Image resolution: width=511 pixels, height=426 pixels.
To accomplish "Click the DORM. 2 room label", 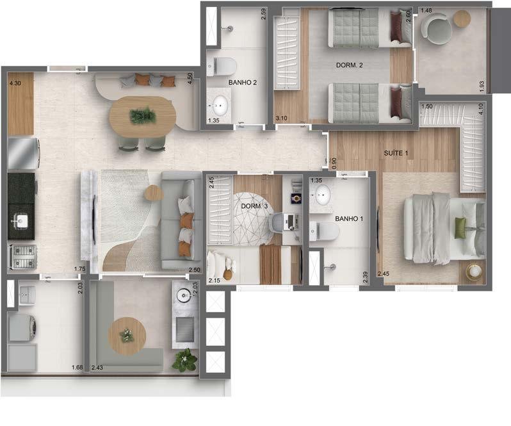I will coord(350,65).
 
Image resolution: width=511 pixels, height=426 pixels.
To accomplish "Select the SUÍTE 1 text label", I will coord(397,154).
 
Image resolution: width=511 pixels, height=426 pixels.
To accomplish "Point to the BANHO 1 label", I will coord(349,218).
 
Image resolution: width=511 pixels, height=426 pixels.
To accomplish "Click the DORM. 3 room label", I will coord(255,206).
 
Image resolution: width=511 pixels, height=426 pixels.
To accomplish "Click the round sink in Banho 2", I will coord(220,103).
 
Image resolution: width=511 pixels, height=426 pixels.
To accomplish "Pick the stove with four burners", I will coord(20,257).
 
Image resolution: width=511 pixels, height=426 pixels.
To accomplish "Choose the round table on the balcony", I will coord(126,335).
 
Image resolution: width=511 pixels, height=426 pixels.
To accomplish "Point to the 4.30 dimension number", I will coord(15,83).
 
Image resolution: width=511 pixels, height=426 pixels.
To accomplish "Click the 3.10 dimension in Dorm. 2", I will coord(280,119).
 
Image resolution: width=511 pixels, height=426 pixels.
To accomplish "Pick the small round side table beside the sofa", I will coord(153,192).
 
